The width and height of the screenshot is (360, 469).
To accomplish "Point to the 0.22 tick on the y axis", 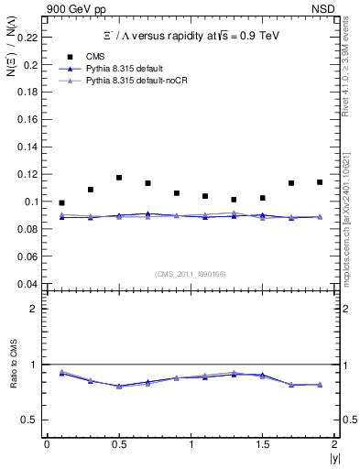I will click(x=28, y=38).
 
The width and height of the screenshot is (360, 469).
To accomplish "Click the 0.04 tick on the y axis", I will click(x=28, y=283).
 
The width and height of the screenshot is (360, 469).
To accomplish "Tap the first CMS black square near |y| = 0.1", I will click(x=61, y=202).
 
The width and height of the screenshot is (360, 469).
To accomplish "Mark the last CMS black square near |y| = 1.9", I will click(x=320, y=182).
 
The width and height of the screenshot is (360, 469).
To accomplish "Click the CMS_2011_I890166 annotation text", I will click(x=191, y=272).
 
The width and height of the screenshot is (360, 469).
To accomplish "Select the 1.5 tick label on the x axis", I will click(x=263, y=445).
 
